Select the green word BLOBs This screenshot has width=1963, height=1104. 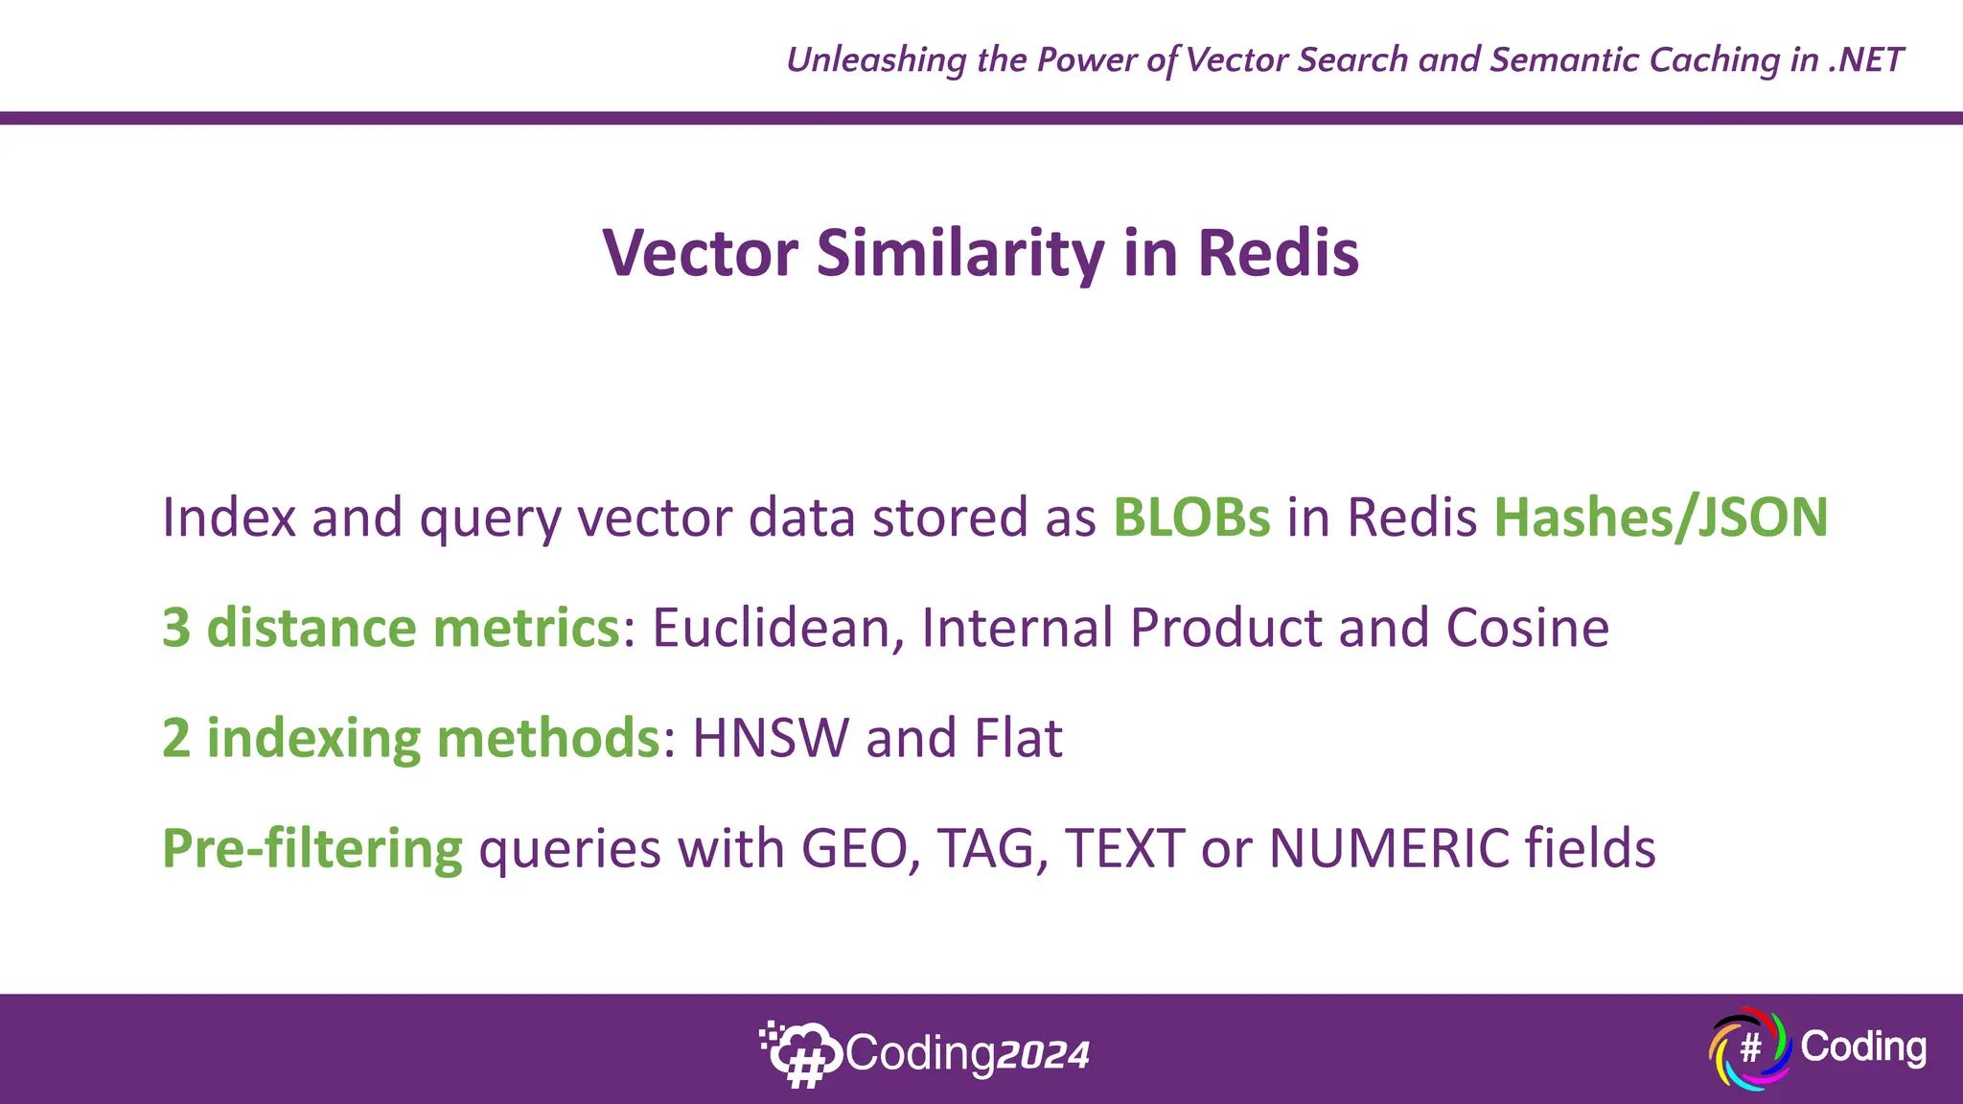click(1191, 517)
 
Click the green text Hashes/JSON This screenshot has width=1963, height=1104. click(1661, 517)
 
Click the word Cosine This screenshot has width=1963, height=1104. click(1527, 628)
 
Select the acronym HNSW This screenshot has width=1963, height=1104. click(771, 738)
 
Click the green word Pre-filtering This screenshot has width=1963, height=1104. click(312, 849)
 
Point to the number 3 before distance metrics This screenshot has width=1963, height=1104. click(176, 628)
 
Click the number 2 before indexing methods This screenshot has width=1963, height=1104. click(176, 738)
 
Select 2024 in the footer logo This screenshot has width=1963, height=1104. click(1043, 1055)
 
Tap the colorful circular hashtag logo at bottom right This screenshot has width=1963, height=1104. click(1749, 1048)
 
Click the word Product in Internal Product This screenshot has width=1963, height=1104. click(1226, 628)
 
